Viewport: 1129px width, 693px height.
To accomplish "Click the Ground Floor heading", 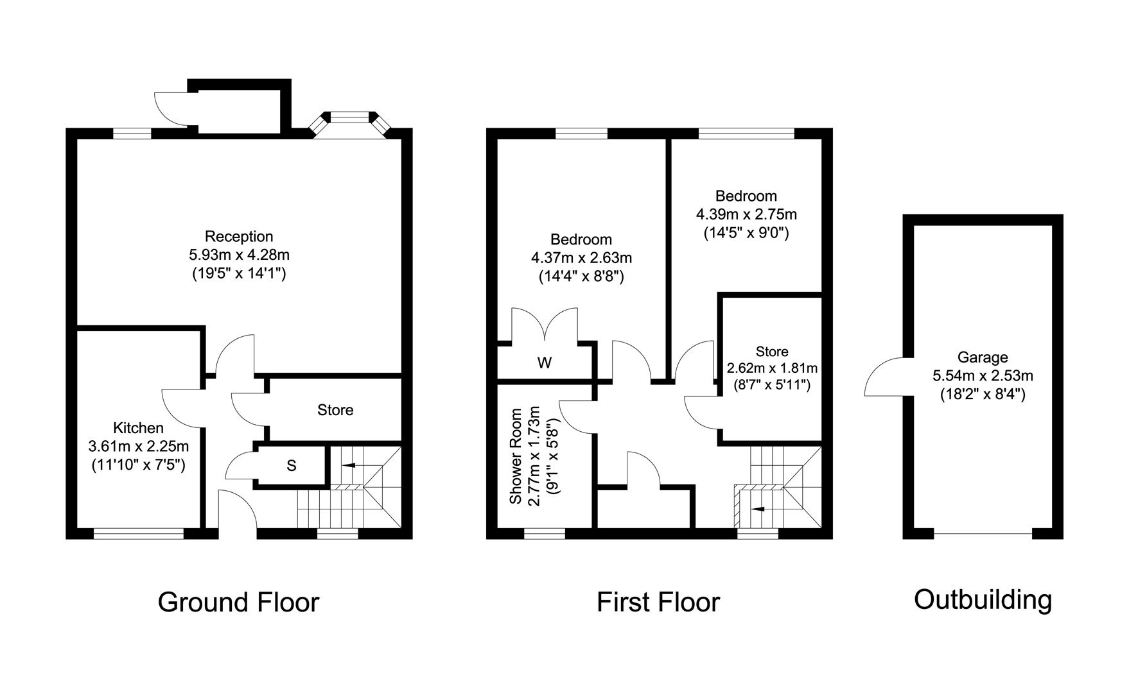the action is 238,603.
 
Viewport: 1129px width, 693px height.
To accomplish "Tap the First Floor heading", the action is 658,603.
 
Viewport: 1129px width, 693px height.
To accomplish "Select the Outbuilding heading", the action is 983,600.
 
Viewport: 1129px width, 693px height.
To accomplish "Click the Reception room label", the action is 239,236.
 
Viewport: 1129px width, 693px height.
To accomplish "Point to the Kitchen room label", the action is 138,427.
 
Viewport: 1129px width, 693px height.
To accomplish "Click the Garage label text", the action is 983,357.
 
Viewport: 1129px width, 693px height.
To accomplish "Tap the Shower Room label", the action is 514,455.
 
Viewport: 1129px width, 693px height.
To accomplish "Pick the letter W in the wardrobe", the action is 544,363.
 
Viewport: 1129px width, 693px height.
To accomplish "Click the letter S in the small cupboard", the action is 291,466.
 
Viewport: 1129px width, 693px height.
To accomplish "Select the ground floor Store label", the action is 335,410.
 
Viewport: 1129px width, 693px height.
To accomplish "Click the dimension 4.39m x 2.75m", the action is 746,214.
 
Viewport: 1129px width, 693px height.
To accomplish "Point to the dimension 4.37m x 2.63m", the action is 581,258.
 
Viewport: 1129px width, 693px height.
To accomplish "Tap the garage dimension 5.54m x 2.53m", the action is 983,376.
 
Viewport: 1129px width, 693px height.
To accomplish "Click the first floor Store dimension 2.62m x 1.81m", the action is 772,368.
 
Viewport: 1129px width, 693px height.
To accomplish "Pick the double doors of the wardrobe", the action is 545,324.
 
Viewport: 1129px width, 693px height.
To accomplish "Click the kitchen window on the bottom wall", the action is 139,533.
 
